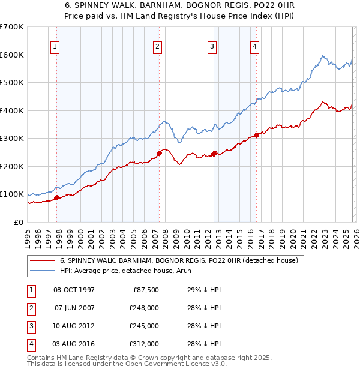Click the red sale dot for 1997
(56, 197)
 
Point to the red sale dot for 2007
(159, 153)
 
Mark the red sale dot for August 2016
(257, 135)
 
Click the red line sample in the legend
(42, 261)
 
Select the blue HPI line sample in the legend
(42, 271)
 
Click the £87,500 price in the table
(145, 290)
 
